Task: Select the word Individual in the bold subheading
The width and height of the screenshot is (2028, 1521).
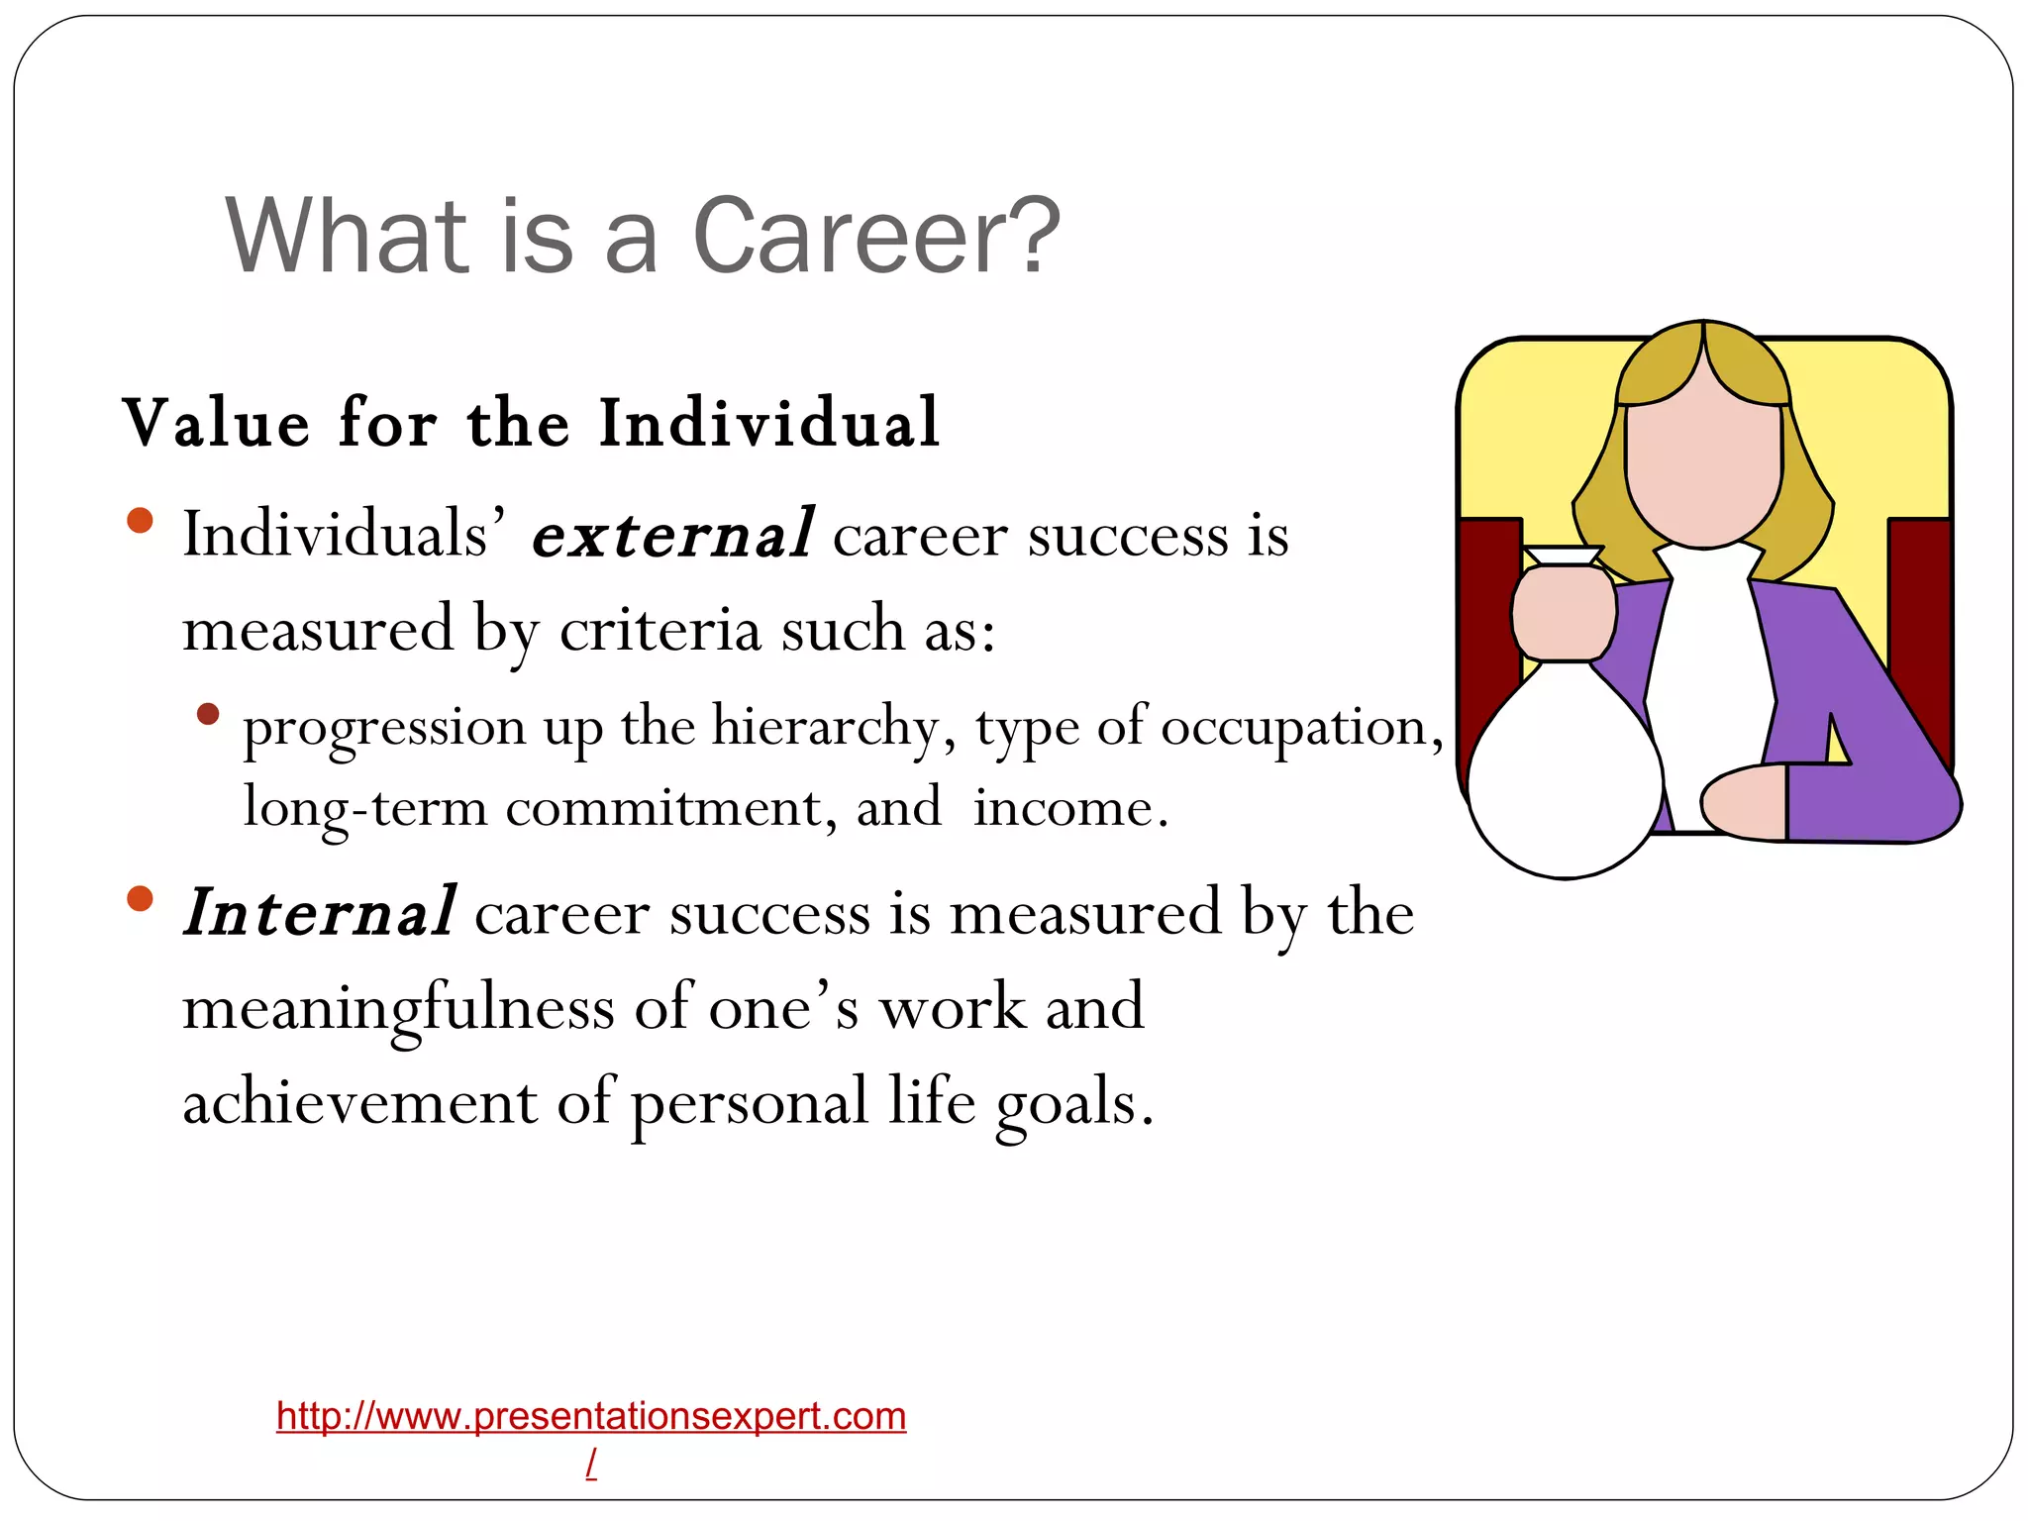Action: tap(768, 423)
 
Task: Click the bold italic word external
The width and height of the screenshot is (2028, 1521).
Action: tap(673, 535)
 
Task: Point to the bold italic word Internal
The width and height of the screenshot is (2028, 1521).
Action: tap(320, 912)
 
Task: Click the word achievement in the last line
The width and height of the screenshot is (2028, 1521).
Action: tap(359, 1101)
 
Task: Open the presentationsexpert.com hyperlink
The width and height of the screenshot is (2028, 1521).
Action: tap(591, 1417)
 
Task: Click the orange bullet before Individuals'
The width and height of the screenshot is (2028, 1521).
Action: tap(141, 520)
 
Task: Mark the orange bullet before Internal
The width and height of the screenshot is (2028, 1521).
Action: tap(141, 898)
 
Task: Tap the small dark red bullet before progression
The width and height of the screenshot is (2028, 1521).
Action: tap(208, 714)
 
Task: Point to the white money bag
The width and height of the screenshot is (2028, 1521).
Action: tap(1565, 772)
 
